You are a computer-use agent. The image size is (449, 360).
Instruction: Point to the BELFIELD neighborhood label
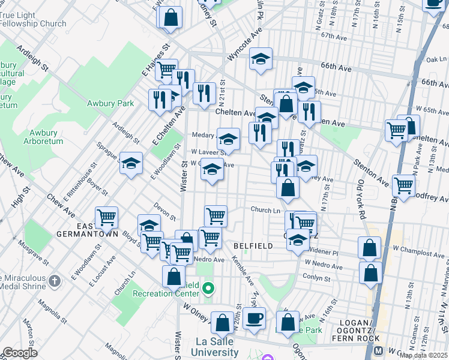pyautogui.click(x=253, y=246)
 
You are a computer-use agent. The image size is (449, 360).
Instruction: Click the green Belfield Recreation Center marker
pyautogui.click(x=208, y=289)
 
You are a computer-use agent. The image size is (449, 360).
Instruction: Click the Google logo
pyautogui.click(x=20, y=353)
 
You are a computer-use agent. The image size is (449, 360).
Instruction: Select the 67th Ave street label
pyautogui.click(x=334, y=37)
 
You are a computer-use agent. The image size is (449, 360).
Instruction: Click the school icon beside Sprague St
pyautogui.click(x=131, y=163)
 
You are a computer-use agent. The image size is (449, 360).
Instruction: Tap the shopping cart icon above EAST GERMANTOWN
pyautogui.click(x=107, y=216)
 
